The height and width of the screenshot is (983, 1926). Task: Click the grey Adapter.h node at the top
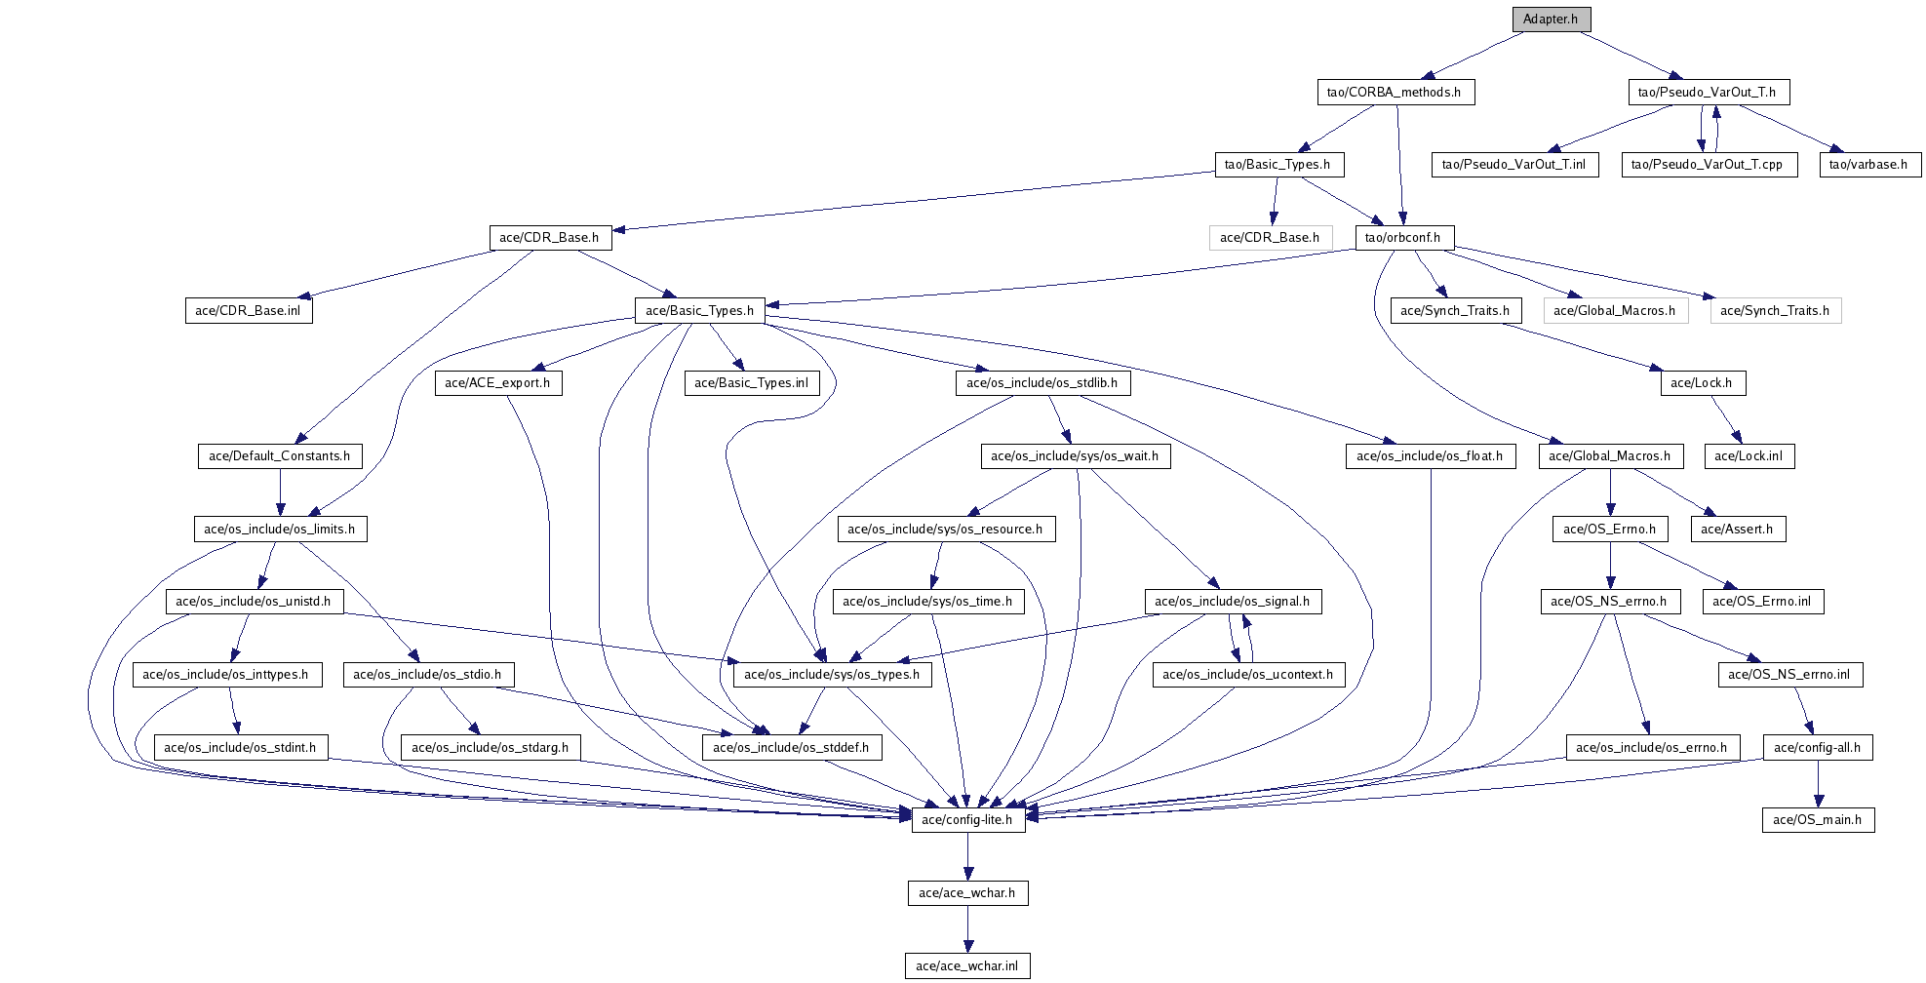[1551, 19]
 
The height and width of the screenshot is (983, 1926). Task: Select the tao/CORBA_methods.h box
[1394, 92]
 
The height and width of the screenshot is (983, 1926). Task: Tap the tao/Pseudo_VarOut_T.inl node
[1513, 164]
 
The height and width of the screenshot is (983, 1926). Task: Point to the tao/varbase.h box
[1868, 164]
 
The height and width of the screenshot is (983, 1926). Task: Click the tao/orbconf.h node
[1402, 237]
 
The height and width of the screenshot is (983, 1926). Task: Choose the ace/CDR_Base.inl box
[248, 310]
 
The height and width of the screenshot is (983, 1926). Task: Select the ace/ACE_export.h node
[497, 382]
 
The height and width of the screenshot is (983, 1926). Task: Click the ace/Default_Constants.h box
[279, 455]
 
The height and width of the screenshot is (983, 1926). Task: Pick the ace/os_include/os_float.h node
[1430, 455]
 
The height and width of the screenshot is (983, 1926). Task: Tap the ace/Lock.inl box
[1749, 455]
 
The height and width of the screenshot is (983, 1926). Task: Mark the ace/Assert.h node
[1737, 529]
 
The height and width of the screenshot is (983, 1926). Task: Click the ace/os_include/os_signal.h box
[1232, 601]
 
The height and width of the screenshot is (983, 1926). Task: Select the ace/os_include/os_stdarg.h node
[490, 747]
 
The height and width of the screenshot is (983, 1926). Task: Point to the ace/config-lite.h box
[967, 819]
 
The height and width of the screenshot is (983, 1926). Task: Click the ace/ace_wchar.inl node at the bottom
[966, 965]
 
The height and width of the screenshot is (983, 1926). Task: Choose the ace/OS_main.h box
[1817, 819]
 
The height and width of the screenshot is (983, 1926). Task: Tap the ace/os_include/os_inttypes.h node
[225, 674]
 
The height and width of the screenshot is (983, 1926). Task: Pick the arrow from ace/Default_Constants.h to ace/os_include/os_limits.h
[280, 492]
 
